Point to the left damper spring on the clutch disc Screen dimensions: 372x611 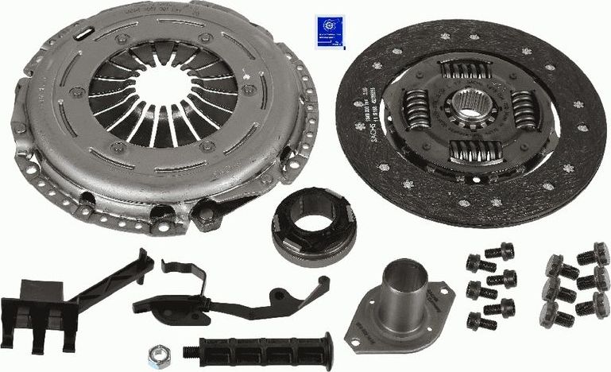point(416,110)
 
